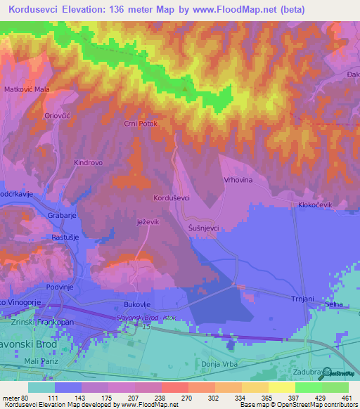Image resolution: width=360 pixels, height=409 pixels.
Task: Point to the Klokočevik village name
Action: (314, 204)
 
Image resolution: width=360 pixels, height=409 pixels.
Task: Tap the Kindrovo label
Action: (88, 162)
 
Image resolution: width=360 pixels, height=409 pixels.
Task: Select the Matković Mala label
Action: (27, 89)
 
